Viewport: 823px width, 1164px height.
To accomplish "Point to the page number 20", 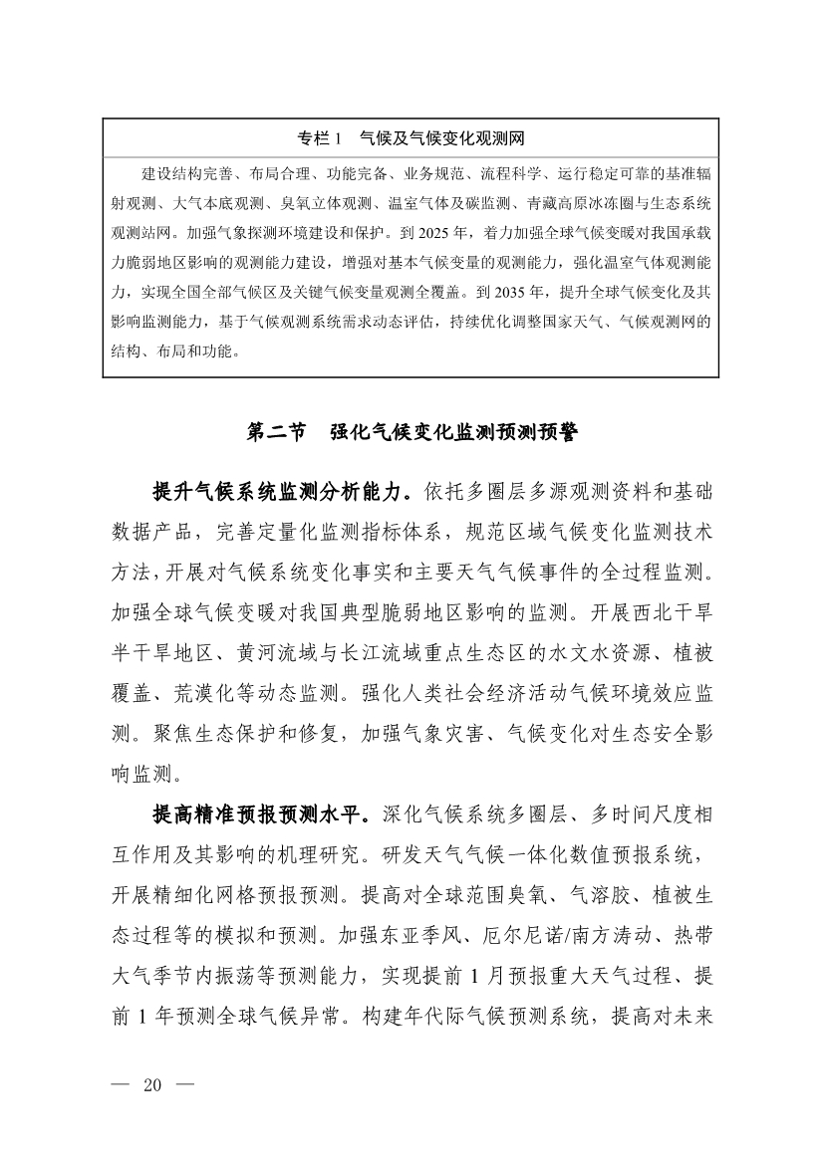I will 152,1084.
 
